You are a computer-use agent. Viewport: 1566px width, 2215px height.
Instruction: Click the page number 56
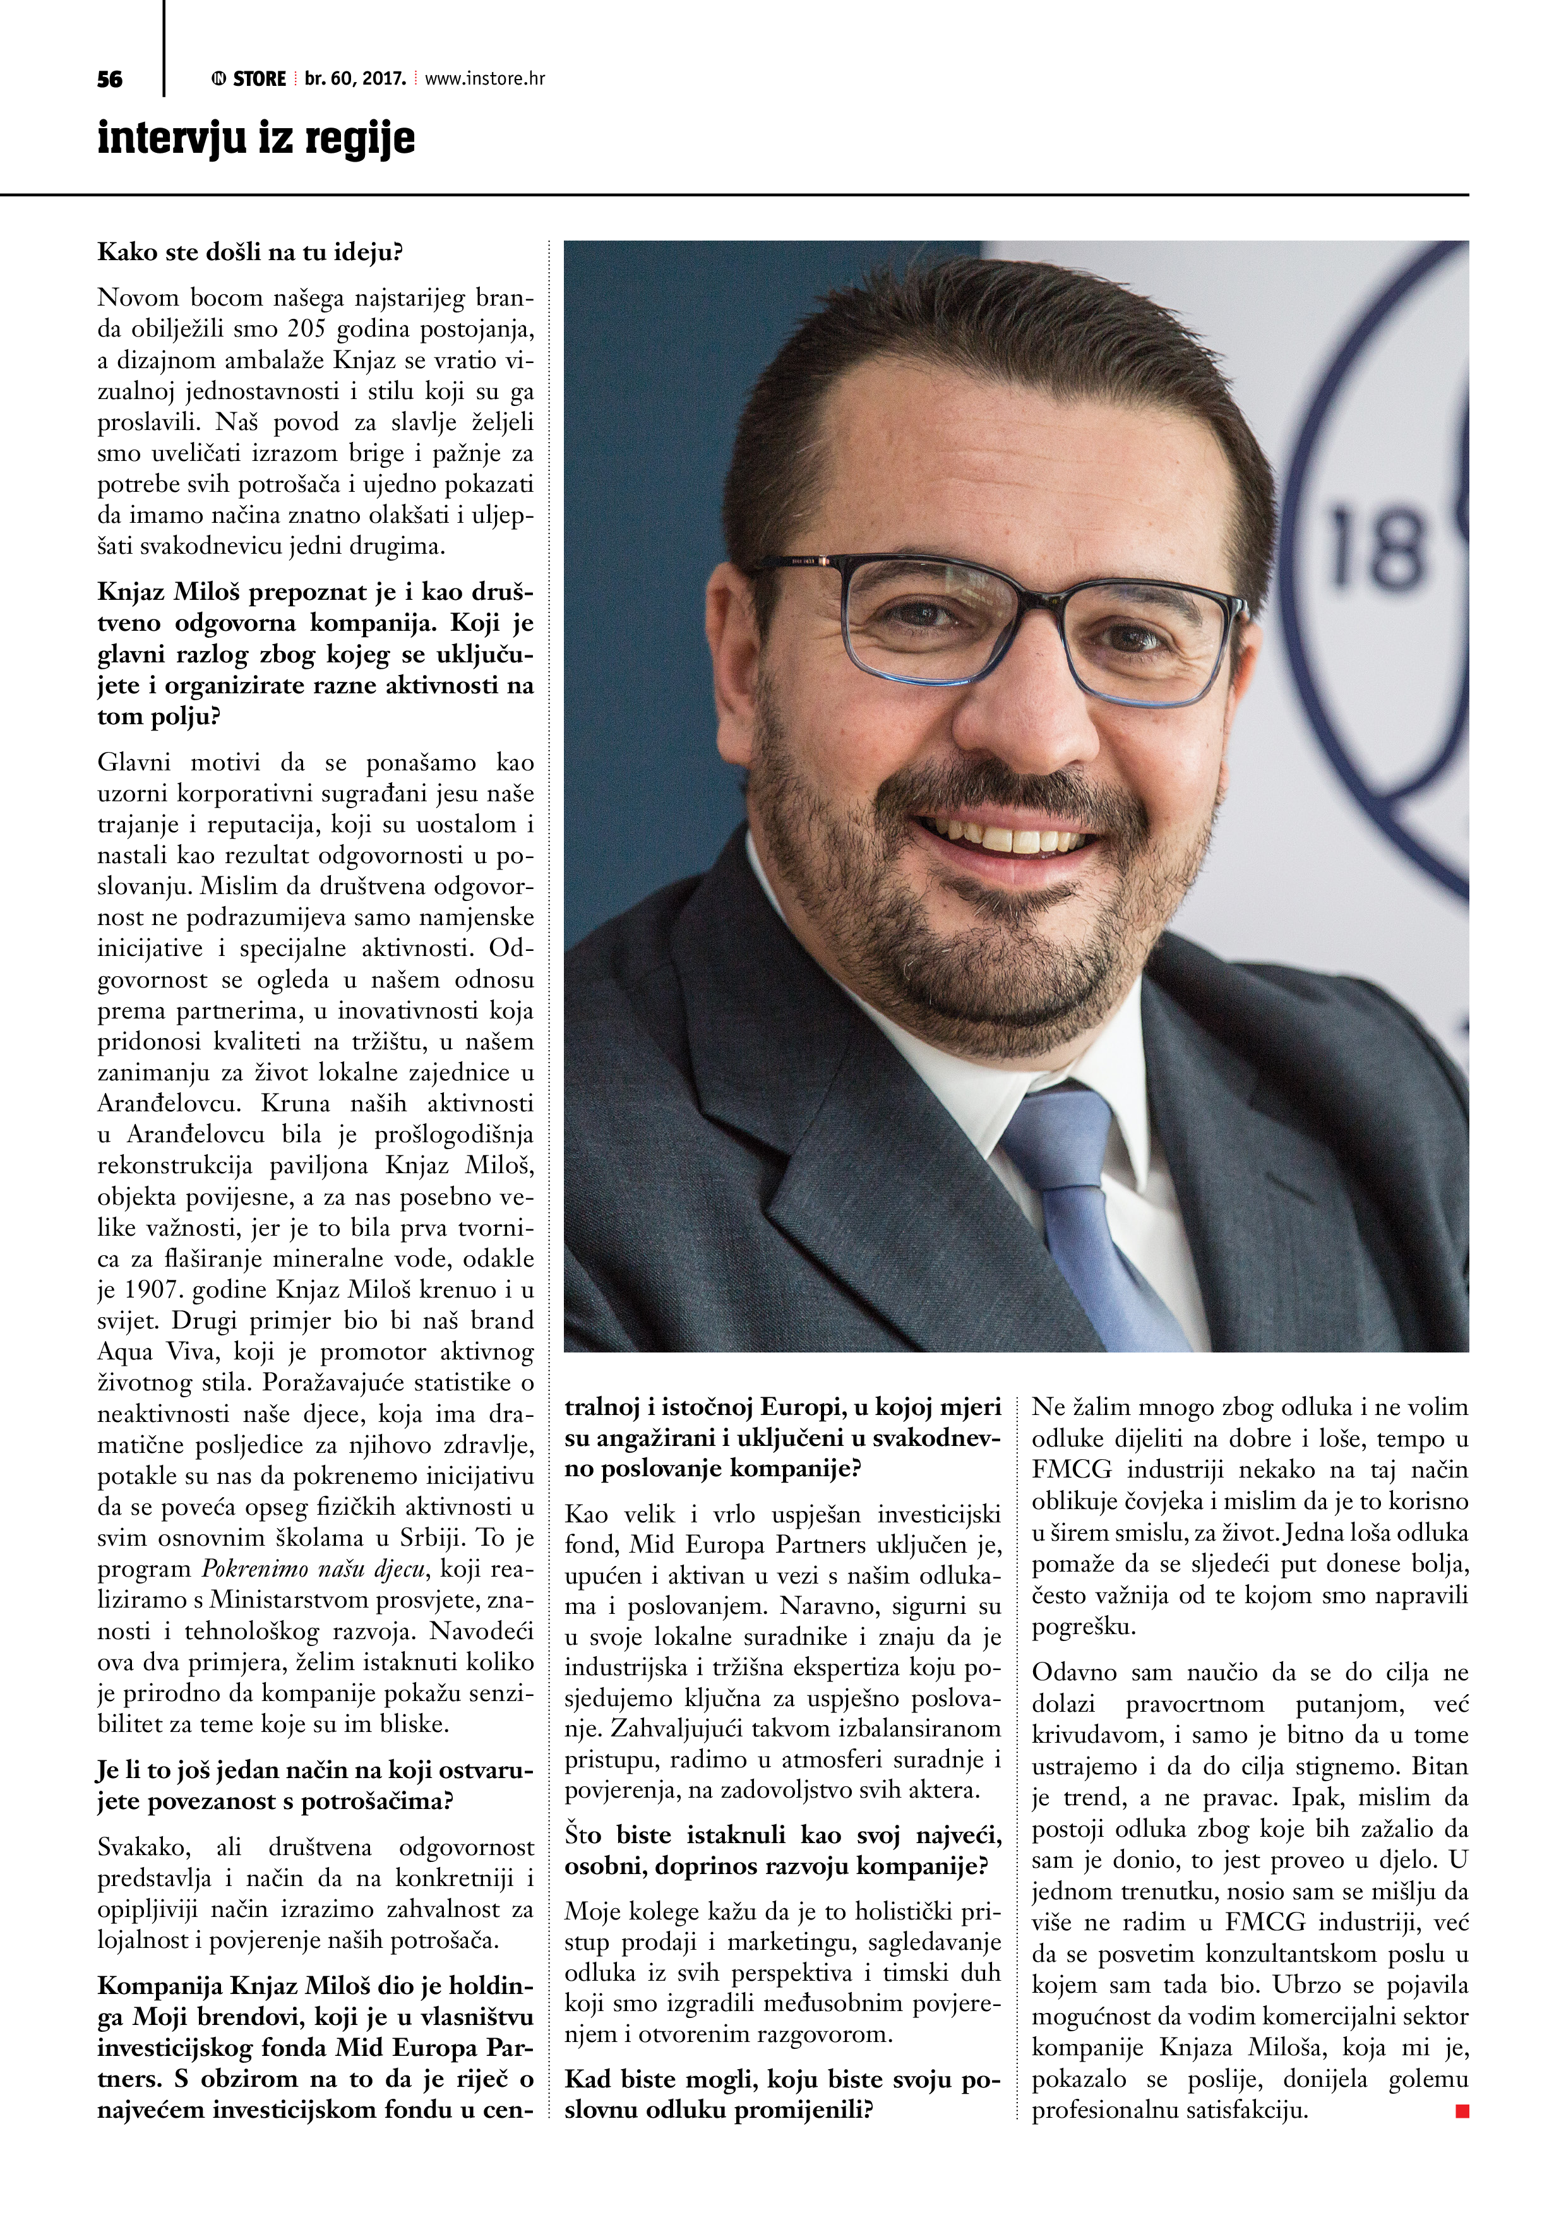(110, 79)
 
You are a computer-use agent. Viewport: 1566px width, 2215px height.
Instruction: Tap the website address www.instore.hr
(484, 79)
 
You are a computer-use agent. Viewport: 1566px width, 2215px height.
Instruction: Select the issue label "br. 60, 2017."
(355, 79)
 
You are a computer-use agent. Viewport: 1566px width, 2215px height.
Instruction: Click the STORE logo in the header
(249, 79)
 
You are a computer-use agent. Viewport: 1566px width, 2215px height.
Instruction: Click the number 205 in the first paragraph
(307, 329)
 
